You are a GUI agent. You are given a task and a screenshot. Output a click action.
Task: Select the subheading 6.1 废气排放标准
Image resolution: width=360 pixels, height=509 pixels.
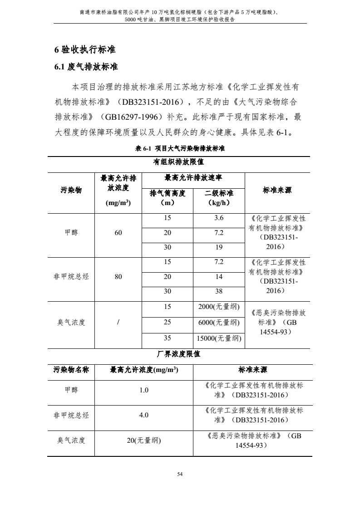click(x=86, y=67)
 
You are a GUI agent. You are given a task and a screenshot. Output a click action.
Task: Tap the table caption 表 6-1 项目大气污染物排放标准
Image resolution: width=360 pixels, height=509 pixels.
click(x=180, y=148)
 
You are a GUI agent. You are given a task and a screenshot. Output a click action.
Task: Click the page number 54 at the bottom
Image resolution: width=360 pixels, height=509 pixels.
click(x=180, y=474)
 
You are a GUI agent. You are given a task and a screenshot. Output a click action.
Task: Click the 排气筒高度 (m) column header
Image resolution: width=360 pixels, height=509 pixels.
click(x=168, y=198)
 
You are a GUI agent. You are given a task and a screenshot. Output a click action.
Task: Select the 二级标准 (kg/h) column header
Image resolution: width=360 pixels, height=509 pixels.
click(x=219, y=198)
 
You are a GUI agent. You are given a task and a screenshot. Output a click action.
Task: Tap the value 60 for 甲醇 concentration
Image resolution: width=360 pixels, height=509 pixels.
click(x=118, y=233)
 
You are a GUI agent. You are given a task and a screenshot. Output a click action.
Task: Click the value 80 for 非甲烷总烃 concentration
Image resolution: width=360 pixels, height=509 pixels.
click(x=118, y=276)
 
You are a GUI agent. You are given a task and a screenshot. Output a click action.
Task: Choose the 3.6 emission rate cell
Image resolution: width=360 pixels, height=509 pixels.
click(x=219, y=218)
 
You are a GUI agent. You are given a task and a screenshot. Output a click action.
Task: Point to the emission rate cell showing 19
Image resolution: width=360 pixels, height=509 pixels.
click(x=219, y=247)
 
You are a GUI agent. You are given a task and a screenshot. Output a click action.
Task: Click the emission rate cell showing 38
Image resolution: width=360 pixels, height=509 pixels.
click(x=219, y=291)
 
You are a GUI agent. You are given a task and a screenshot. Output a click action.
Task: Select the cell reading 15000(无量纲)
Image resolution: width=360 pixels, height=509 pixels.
click(x=219, y=338)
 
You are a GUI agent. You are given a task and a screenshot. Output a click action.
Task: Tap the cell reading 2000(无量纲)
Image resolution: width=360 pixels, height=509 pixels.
click(x=219, y=307)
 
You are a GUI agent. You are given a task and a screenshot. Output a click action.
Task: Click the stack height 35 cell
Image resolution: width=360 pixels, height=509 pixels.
click(x=168, y=338)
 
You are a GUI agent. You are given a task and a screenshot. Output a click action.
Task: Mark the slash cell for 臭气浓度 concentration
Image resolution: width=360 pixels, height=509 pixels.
click(x=118, y=323)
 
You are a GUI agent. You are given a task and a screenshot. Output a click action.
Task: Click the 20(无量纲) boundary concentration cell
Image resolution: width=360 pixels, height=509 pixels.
click(x=144, y=440)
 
